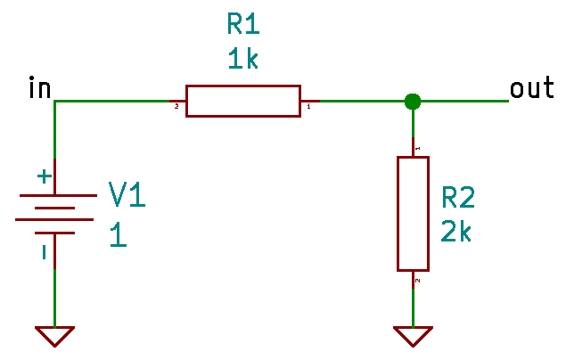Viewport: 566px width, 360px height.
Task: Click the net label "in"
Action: click(39, 89)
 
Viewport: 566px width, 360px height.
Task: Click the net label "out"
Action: click(531, 89)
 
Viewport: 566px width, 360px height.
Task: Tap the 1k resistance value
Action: click(242, 60)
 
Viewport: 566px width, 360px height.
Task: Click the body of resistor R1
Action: click(242, 101)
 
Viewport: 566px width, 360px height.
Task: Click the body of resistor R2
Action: click(413, 214)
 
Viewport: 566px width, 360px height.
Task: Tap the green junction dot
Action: click(412, 101)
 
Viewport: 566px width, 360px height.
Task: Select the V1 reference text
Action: click(126, 194)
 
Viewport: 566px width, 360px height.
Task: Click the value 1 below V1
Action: click(117, 235)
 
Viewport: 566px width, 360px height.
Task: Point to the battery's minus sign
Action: click(43, 252)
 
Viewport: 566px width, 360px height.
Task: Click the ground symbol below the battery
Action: click(54, 336)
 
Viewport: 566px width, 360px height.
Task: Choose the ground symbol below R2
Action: click(413, 336)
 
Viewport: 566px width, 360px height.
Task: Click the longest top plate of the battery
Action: click(54, 195)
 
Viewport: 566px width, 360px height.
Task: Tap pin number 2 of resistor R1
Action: click(176, 107)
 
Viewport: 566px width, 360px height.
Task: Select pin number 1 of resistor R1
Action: click(308, 107)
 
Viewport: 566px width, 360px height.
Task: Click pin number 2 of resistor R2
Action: click(418, 280)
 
